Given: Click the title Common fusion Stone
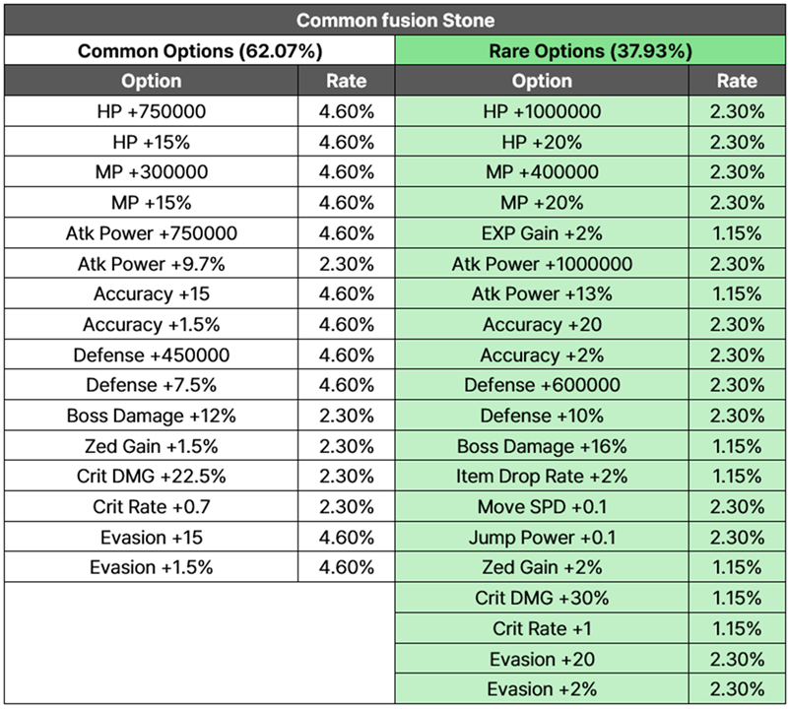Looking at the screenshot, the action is click(395, 20).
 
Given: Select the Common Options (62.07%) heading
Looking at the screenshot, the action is click(200, 51).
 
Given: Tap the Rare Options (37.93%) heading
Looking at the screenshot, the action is click(591, 51).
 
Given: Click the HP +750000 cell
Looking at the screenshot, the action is click(152, 111).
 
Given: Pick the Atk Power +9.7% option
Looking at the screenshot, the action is click(152, 264).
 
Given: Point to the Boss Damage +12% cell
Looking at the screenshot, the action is click(152, 416).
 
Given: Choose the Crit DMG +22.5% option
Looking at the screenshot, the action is click(152, 476).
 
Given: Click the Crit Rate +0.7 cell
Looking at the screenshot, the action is click(152, 507).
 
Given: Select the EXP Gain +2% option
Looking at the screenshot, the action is click(542, 233).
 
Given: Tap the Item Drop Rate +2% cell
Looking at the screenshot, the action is click(542, 476).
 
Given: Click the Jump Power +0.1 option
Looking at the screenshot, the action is click(542, 538).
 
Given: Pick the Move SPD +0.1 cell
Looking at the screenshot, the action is click(542, 507).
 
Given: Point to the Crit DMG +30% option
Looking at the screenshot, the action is click(542, 598).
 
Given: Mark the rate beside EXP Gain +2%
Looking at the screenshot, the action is click(737, 233).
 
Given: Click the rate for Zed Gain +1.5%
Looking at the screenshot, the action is click(347, 446).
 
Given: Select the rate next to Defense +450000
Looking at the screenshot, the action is click(347, 354).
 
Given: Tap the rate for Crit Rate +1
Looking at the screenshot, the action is click(737, 628).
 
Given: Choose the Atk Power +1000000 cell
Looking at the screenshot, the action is click(542, 264).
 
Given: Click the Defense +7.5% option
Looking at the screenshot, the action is click(152, 385).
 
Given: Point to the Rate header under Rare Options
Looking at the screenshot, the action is click(737, 81).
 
